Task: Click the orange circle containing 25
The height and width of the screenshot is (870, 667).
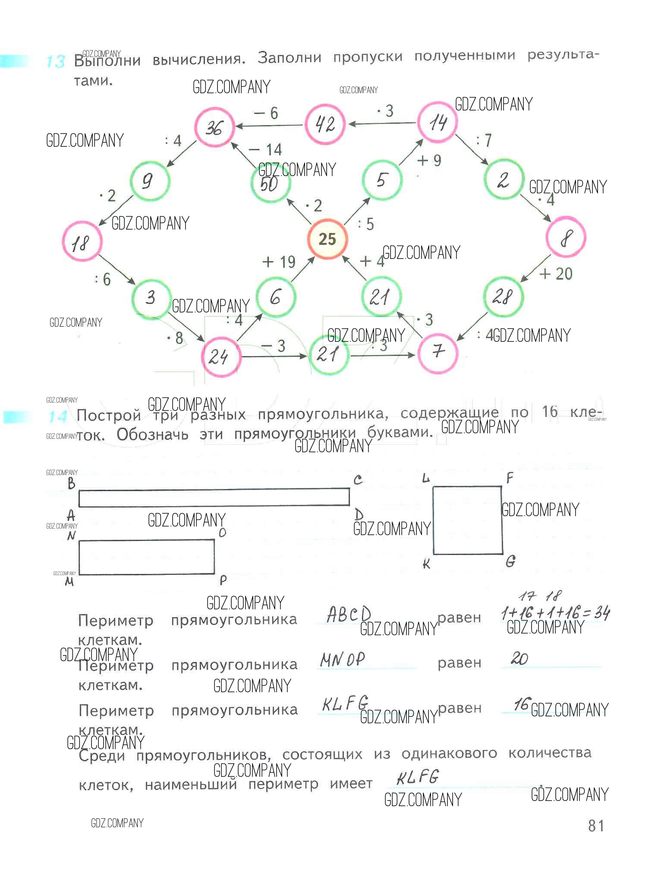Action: [327, 239]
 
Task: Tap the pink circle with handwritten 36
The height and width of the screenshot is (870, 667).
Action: [214, 127]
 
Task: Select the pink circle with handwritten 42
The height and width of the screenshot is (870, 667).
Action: [325, 124]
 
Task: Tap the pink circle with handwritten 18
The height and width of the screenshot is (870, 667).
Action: [82, 242]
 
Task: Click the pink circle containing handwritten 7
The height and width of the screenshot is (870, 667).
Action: [437, 352]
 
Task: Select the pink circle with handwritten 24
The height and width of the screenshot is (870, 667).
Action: [220, 357]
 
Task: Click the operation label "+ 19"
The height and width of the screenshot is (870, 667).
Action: [279, 262]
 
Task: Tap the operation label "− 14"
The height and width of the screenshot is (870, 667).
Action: [266, 150]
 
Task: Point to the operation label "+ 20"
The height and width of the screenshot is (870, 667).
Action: [556, 274]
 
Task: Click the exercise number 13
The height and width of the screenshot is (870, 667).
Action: [55, 61]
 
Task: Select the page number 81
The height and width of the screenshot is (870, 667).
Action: [596, 826]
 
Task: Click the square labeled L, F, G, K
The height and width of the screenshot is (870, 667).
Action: [468, 520]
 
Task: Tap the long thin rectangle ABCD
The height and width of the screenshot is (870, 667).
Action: [214, 497]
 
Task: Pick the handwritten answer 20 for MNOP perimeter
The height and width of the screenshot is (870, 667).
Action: [519, 659]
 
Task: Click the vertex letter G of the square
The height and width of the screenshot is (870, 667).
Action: [510, 561]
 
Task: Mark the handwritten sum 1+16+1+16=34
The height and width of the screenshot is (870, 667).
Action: [555, 613]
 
